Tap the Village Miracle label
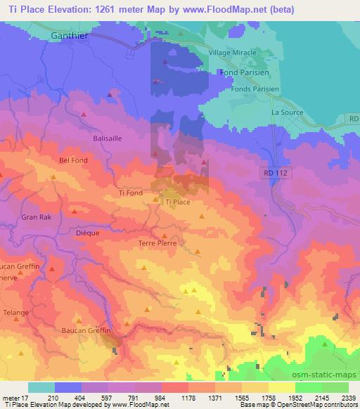236,53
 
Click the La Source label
286,112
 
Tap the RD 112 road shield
277,172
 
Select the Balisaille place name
108,138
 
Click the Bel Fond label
74,160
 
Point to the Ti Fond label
131,193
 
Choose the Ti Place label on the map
178,202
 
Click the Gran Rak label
34,217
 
